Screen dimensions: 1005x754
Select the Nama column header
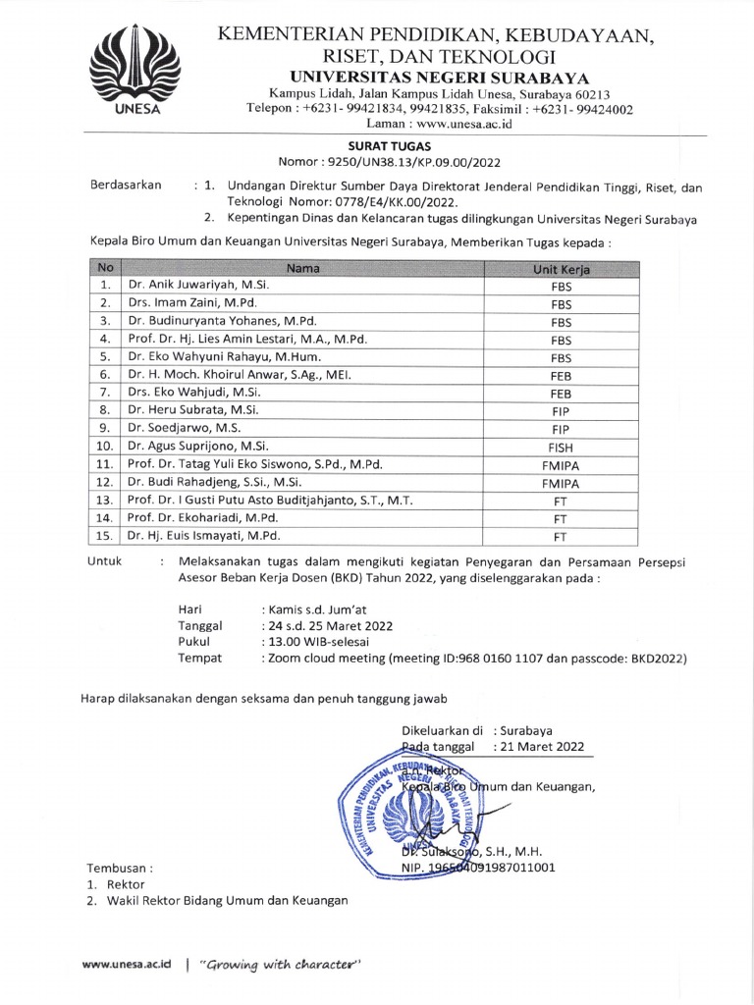coord(303,268)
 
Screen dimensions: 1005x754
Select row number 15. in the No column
coord(102,536)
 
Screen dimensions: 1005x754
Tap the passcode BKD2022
coord(654,659)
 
